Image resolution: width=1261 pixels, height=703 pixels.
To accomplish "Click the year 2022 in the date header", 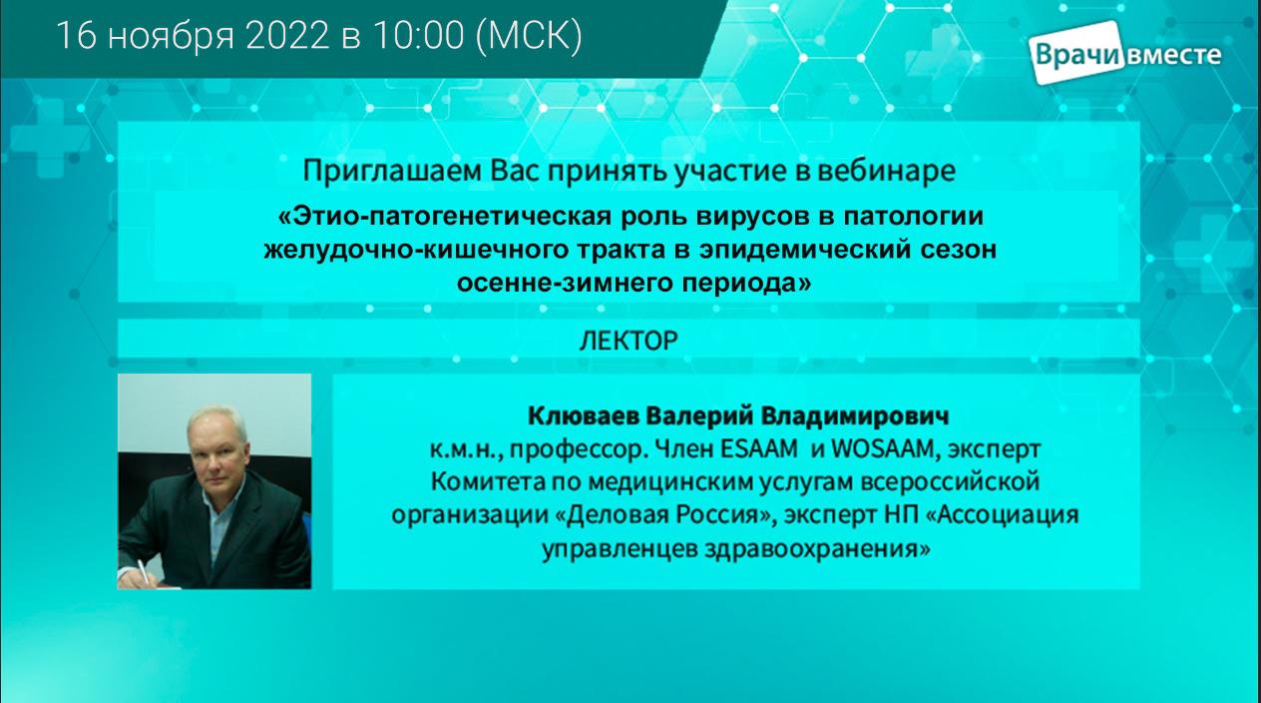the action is click(287, 36).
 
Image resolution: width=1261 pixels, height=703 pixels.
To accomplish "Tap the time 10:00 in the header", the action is click(418, 36).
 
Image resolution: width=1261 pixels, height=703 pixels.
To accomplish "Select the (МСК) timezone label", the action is click(529, 37).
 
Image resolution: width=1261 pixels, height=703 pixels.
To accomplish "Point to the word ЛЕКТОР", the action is click(629, 341).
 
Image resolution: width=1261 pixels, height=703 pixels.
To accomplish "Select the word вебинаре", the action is click(886, 171).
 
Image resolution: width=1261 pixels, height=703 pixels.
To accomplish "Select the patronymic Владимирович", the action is click(855, 415).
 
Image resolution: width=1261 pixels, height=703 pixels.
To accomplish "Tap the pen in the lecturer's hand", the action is click(145, 573).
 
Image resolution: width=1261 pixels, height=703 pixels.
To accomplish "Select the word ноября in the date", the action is click(170, 38).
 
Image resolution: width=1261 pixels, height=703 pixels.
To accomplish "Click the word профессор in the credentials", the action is click(575, 450).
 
